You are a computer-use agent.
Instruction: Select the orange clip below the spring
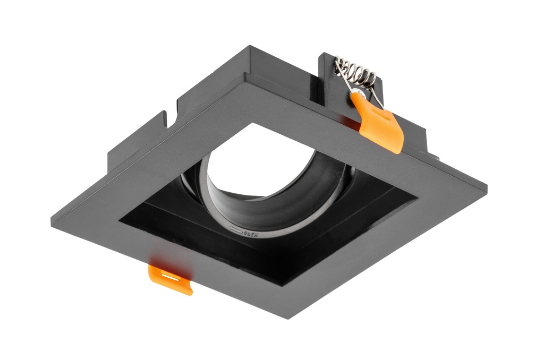click(381, 123)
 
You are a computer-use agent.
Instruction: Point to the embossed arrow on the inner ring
click(234, 229)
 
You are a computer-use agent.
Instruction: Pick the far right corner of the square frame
click(486, 187)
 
